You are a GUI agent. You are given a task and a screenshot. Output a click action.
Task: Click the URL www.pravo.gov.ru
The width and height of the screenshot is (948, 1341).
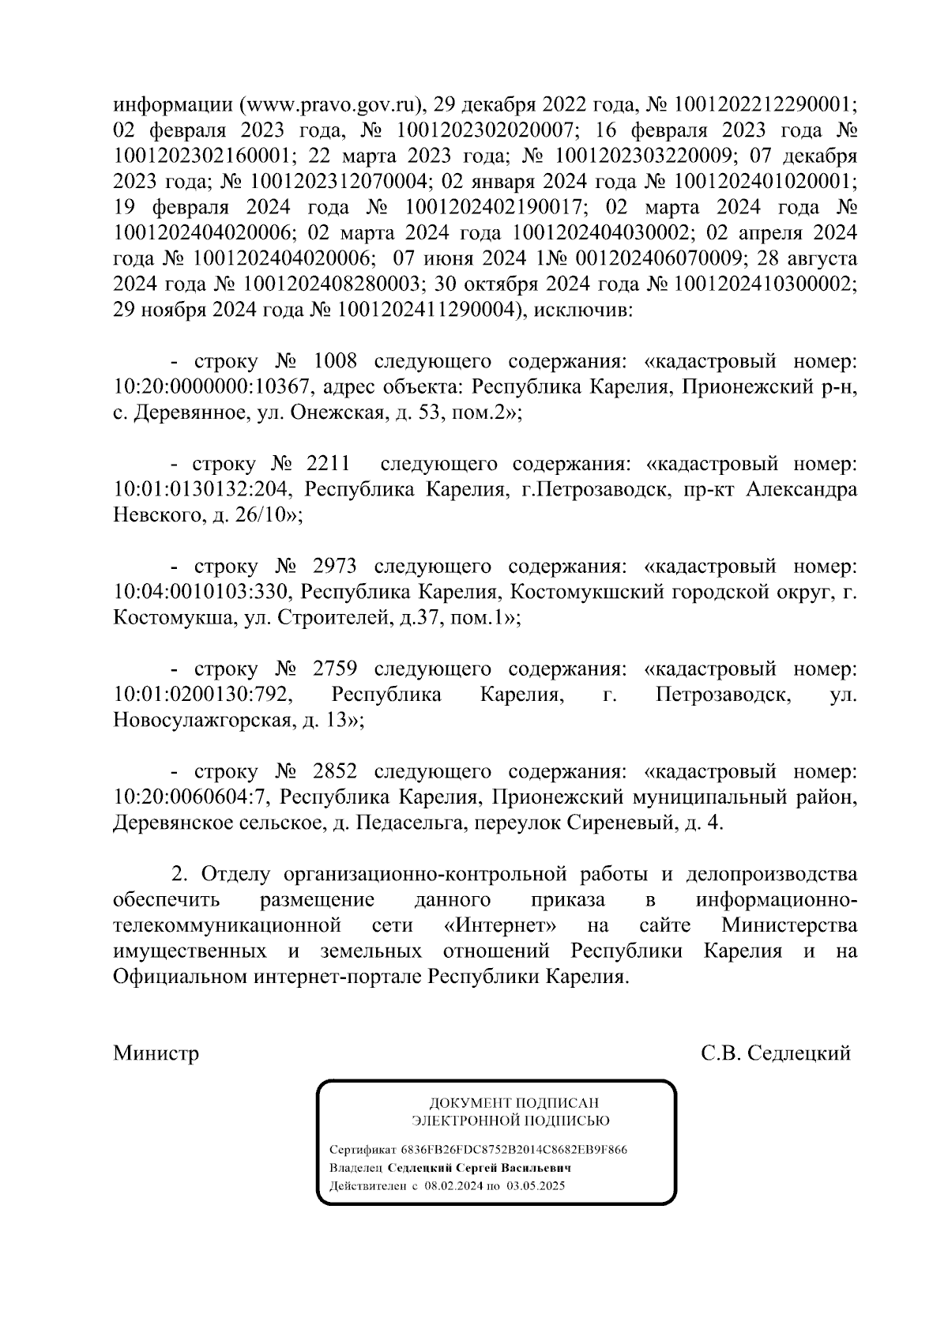point(328,105)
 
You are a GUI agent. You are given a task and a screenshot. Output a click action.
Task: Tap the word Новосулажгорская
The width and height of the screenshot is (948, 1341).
point(198,721)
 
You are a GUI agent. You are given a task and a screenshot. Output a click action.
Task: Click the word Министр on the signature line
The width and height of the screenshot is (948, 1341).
point(156,1054)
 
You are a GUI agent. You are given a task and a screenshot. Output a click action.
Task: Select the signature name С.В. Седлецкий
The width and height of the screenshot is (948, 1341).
point(776,1054)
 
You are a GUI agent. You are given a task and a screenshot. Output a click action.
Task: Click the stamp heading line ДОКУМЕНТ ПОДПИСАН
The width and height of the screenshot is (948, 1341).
point(513,1103)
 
